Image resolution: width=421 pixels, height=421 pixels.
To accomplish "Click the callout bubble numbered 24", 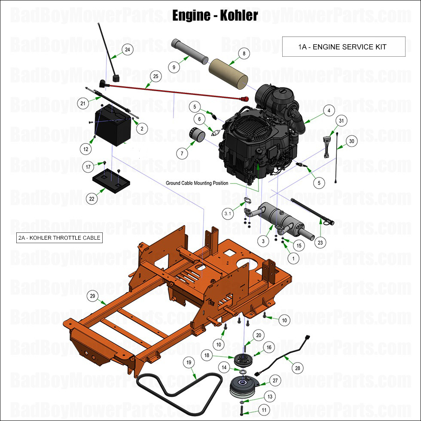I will [127, 50].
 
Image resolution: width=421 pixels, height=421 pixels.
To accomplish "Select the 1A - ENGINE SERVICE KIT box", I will [343, 47].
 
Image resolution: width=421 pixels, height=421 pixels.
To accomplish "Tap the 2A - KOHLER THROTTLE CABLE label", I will [59, 238].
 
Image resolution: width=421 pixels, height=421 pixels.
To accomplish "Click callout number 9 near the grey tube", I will [174, 67].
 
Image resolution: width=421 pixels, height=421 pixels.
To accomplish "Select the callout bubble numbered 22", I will [92, 198].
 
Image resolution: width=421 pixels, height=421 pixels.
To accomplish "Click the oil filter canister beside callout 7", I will [198, 137].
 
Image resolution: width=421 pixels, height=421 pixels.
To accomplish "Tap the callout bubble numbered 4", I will [329, 110].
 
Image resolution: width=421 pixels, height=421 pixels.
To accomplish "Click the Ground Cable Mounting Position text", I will [197, 183].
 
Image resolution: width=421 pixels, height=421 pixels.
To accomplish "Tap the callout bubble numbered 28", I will [297, 368].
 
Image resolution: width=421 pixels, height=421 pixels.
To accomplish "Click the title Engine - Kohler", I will [215, 15].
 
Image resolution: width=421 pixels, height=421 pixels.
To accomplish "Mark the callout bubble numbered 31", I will [342, 121].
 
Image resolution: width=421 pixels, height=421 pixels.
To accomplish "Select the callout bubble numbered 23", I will [320, 242].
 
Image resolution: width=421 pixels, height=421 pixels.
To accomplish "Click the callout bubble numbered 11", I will [263, 410].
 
